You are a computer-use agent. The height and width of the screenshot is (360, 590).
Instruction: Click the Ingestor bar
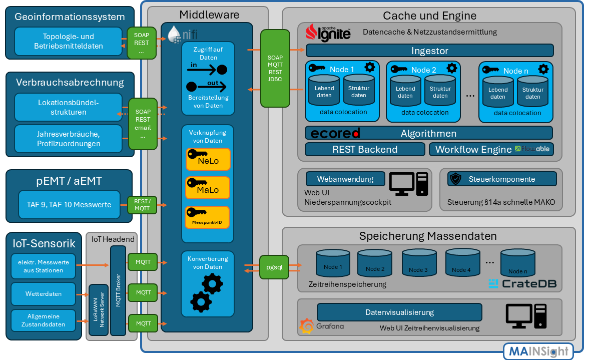429,51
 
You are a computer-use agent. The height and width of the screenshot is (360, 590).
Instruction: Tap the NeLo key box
208,159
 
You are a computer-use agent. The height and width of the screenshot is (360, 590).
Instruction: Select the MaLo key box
208,188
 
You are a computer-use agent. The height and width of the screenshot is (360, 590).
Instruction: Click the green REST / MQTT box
143,205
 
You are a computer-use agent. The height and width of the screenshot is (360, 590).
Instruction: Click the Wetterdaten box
44,294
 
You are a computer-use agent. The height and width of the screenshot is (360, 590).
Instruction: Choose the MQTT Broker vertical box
118,290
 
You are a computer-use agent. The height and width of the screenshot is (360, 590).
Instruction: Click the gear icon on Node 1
370,67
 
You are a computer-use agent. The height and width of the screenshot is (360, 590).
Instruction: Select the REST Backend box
365,149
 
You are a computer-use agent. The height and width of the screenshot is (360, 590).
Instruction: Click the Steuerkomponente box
501,179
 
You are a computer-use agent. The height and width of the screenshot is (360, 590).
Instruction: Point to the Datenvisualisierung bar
399,312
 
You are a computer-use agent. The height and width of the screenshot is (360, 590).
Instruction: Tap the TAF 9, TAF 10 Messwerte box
69,204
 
